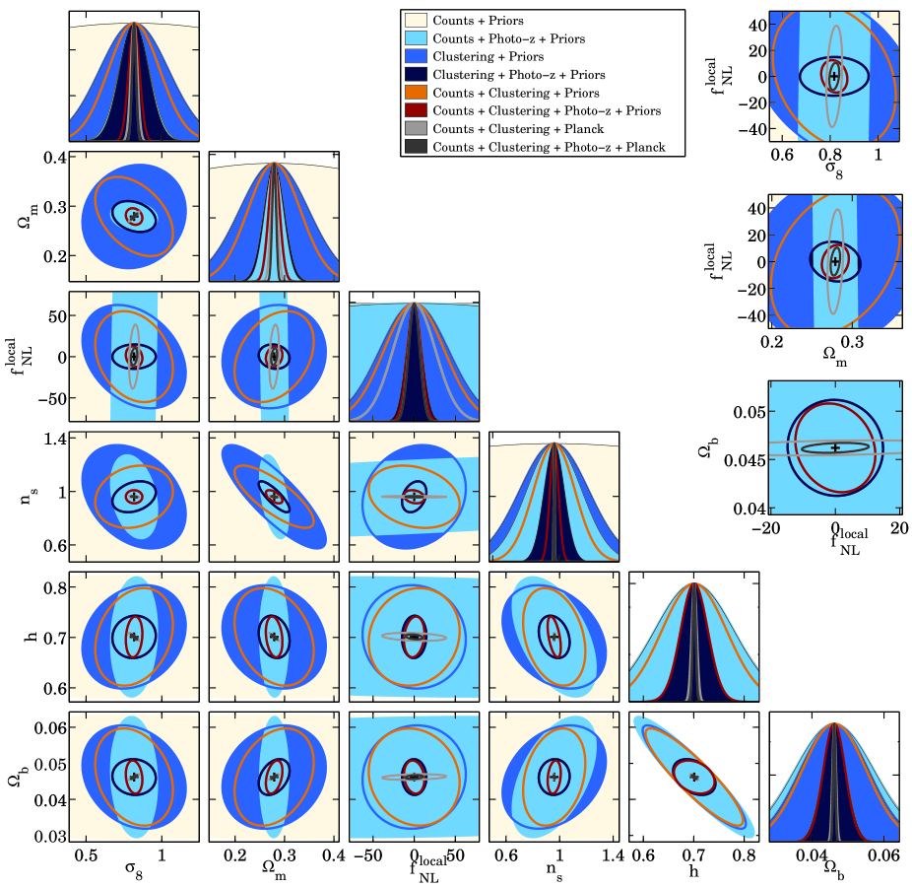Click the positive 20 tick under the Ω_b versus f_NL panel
pyautogui.click(x=898, y=529)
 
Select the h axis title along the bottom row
pyautogui.click(x=694, y=869)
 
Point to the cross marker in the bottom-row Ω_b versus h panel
pyautogui.click(x=694, y=777)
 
